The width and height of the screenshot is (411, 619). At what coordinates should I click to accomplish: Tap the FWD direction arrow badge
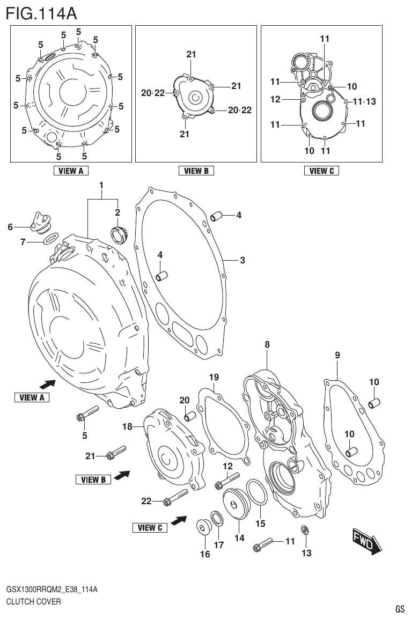point(367,541)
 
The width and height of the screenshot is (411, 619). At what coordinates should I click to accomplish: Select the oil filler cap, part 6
point(41,223)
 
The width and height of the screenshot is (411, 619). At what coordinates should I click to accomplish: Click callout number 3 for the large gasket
point(243,261)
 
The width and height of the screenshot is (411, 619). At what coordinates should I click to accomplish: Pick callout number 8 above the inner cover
point(267,345)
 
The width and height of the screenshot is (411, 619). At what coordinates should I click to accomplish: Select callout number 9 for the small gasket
point(337,355)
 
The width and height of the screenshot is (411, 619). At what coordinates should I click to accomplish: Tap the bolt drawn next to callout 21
point(116,452)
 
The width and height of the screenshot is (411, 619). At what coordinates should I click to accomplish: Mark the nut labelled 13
point(306,530)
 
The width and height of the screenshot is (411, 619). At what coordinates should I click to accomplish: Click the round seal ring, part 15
point(256,493)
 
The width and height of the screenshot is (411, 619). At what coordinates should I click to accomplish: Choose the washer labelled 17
point(218,519)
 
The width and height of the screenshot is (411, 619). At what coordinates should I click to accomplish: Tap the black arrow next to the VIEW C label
point(178,520)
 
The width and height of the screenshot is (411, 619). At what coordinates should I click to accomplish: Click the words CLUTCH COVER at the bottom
point(33,601)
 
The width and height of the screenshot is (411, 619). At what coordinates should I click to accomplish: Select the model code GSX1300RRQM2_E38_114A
point(52,589)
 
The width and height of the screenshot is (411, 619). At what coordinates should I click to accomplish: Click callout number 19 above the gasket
point(214,378)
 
